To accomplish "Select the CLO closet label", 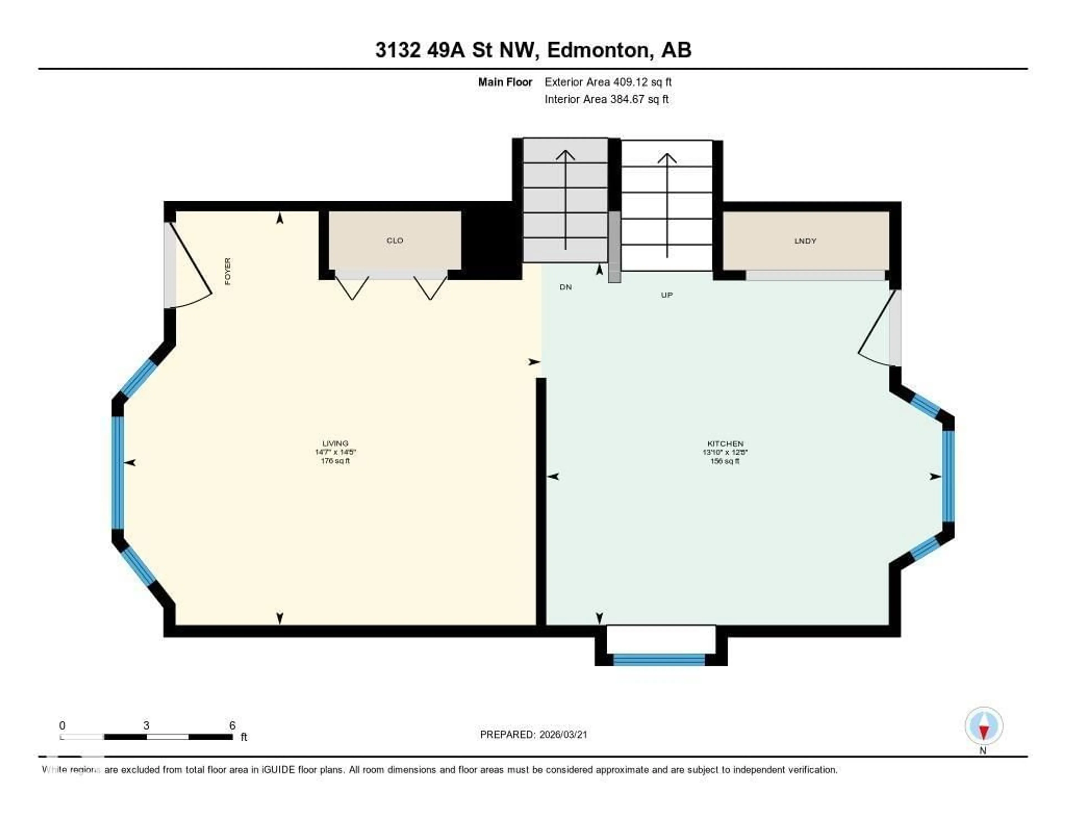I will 394,241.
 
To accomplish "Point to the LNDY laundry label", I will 805,241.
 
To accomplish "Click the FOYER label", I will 227,271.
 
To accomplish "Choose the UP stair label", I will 667,295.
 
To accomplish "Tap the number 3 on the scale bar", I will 146,725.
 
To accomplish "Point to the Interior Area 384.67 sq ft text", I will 606,99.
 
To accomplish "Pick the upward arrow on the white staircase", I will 667,205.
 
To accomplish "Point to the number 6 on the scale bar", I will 232,725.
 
